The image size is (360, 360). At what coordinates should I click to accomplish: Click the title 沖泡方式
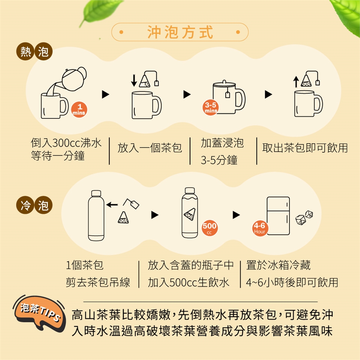[180, 32]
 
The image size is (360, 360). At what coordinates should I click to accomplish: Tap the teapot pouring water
[74, 79]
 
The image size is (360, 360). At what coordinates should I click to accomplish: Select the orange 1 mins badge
[79, 109]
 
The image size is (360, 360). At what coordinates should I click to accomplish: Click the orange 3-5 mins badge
[210, 108]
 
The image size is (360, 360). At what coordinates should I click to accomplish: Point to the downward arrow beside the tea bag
[134, 80]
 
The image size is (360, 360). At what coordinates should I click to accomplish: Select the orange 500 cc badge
[209, 228]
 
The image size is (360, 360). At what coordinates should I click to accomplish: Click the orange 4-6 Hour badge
[259, 228]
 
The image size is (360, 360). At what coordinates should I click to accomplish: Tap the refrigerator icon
[278, 216]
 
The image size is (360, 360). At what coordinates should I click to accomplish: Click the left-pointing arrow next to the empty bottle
[112, 204]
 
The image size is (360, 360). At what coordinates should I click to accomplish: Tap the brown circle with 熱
[25, 51]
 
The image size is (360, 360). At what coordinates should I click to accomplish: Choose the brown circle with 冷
[25, 205]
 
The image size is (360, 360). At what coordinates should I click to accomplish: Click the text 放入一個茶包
[150, 148]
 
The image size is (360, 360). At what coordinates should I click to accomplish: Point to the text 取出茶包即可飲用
[305, 148]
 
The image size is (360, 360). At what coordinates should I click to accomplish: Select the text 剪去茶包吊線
[98, 282]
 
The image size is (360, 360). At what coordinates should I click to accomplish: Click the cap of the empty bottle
[96, 193]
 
